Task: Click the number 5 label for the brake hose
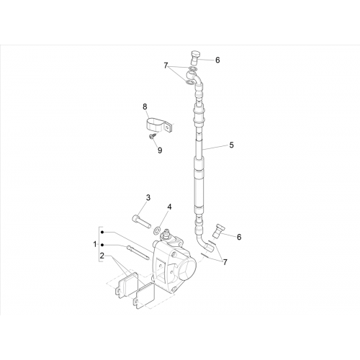(x=231, y=145)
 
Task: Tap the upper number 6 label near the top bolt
(x=217, y=60)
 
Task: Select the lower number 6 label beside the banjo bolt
(x=239, y=237)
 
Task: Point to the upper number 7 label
(x=166, y=66)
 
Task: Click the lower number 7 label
(x=225, y=262)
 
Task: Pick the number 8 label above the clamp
(x=145, y=107)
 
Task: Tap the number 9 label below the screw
(x=160, y=150)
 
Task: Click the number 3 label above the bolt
(x=148, y=197)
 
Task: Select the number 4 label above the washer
(x=169, y=207)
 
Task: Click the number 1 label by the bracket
(x=95, y=244)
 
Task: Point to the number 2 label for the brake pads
(x=102, y=256)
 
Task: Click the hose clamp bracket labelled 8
(x=158, y=125)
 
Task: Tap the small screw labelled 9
(x=152, y=136)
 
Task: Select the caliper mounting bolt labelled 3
(x=142, y=220)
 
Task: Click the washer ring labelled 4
(x=156, y=230)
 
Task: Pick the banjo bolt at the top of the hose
(x=194, y=58)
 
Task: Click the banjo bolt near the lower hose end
(x=218, y=230)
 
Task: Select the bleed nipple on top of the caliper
(x=166, y=233)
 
